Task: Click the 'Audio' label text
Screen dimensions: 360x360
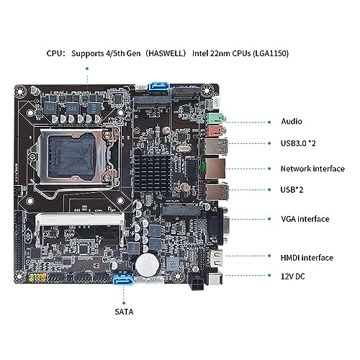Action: [x=292, y=122]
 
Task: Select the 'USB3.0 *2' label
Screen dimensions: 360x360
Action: [x=298, y=143]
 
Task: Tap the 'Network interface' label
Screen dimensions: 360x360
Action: [x=312, y=168]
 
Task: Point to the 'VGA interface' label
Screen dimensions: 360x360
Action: [x=305, y=219]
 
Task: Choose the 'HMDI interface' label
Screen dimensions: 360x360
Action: [x=307, y=258]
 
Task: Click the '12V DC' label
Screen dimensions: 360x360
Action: [x=293, y=276]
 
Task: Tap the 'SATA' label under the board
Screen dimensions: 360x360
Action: [x=124, y=312]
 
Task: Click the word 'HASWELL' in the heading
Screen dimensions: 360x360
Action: [x=166, y=53]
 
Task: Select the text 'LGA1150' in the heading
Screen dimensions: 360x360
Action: [x=270, y=53]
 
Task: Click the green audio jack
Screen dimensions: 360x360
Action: [x=216, y=118]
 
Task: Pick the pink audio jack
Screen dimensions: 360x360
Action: [x=216, y=130]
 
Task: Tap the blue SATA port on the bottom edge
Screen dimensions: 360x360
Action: [x=123, y=279]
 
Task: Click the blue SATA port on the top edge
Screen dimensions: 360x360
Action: [x=159, y=86]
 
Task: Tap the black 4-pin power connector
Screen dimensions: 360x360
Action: [x=197, y=281]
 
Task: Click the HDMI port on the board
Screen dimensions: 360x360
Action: [x=217, y=259]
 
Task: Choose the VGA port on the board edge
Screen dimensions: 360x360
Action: [x=218, y=226]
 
